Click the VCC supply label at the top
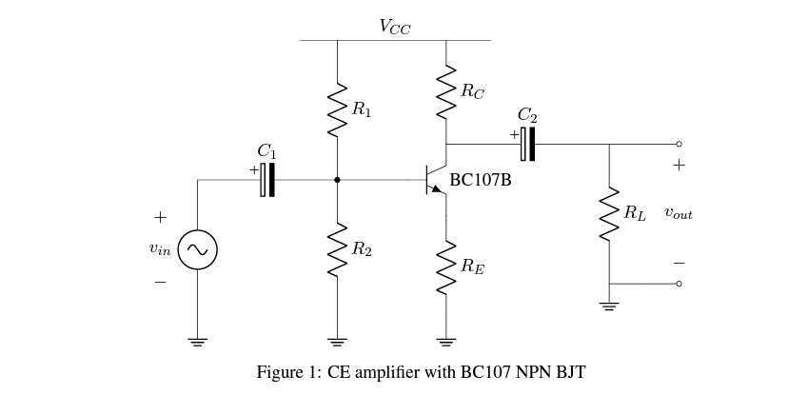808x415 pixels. coord(395,28)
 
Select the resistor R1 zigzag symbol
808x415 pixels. coord(337,110)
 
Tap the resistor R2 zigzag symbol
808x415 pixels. coord(337,248)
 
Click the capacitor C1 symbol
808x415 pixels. coord(267,179)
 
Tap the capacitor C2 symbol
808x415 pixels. coord(527,144)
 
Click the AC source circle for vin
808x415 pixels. coord(197,250)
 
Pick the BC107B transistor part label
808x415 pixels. coord(481,180)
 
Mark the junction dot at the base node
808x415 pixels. coord(337,179)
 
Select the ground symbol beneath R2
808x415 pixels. coord(337,340)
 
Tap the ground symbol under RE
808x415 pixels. coord(445,340)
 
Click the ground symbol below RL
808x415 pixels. coord(609,306)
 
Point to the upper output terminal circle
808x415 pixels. coord(679,144)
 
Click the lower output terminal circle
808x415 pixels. coord(679,284)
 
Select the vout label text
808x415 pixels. coord(679,214)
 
